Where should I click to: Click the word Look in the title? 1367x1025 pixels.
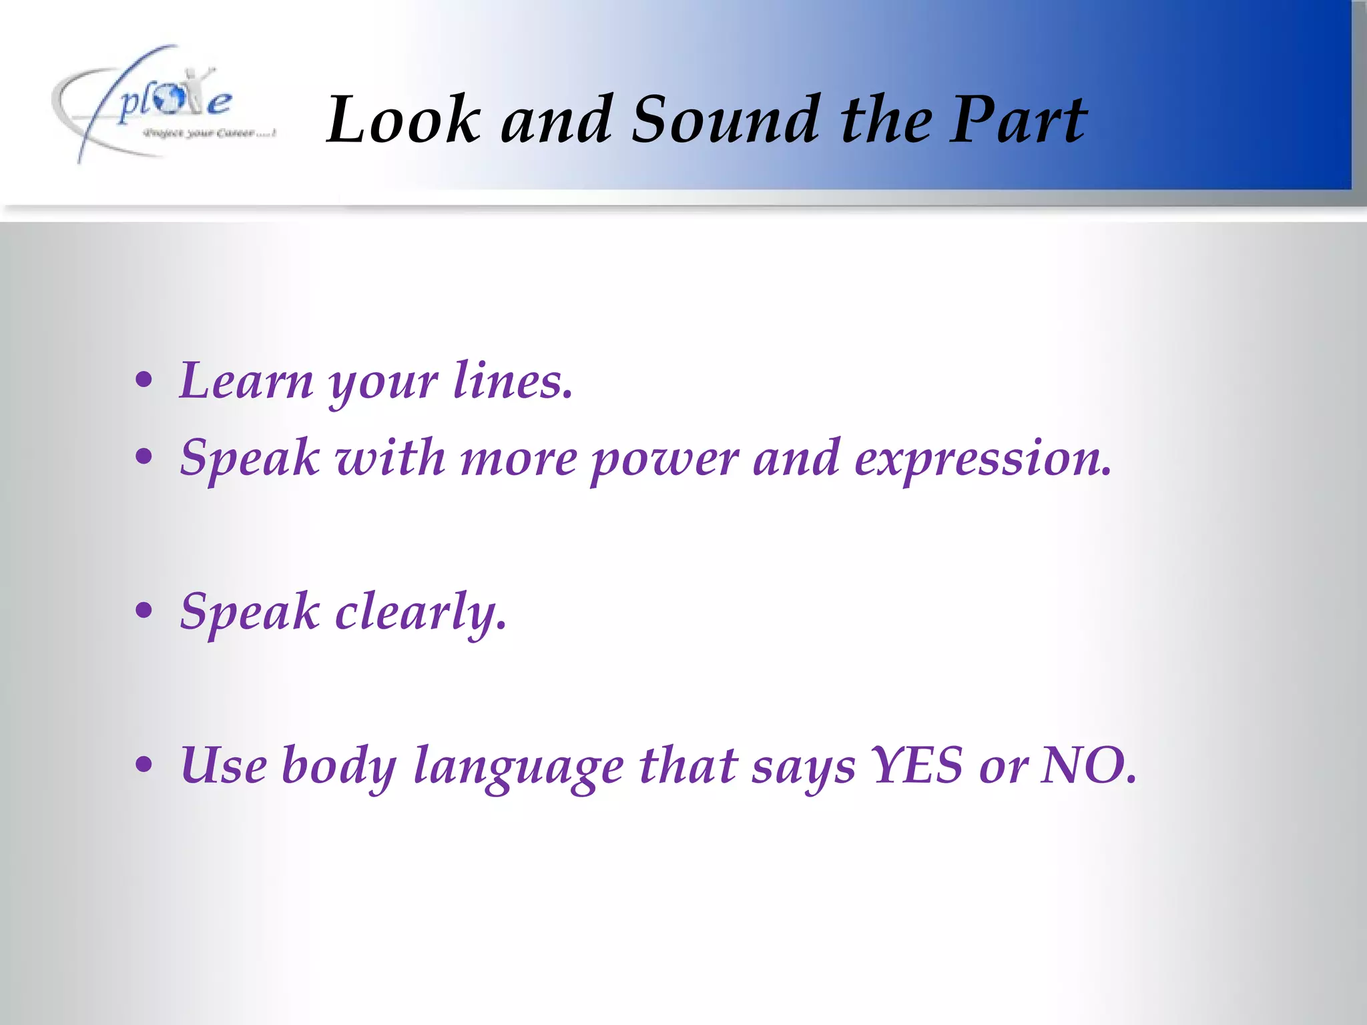[x=402, y=119]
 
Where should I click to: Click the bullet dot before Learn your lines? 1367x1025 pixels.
[x=144, y=382]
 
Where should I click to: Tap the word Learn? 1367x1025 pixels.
[x=246, y=380]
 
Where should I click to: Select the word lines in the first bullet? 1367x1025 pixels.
[x=512, y=380]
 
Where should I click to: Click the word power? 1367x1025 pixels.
[x=664, y=459]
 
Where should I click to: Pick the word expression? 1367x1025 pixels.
[x=982, y=459]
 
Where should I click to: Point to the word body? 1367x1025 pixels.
[x=339, y=766]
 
